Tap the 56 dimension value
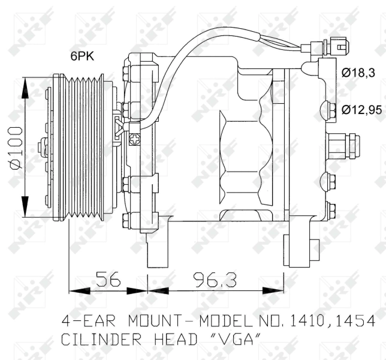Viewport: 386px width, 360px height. point(108,279)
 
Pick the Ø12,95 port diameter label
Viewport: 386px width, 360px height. point(362,109)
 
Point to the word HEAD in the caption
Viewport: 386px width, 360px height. point(175,340)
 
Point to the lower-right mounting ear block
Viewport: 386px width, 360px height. point(297,246)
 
